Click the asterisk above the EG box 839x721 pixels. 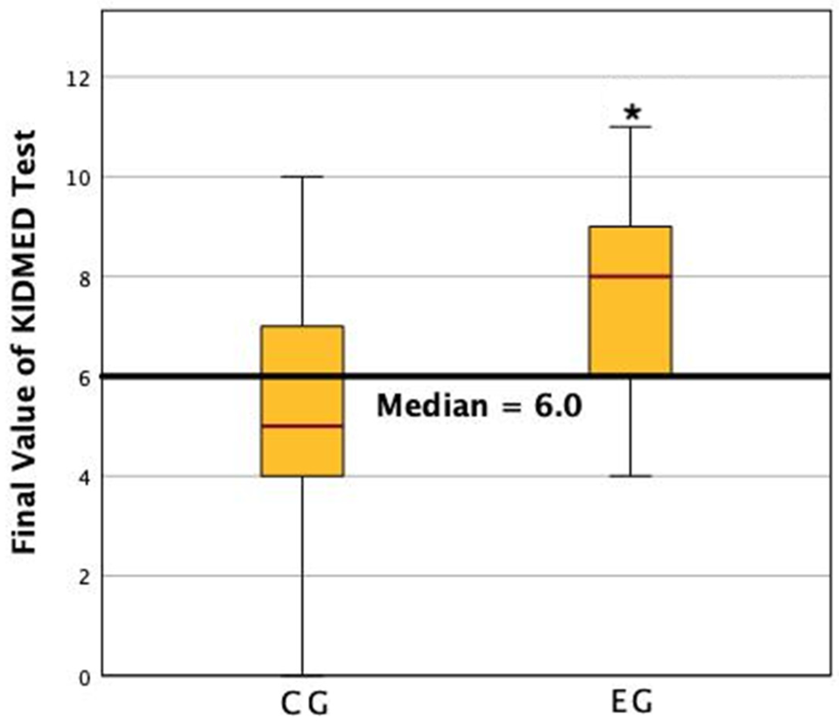click(632, 113)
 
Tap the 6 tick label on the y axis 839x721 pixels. click(84, 379)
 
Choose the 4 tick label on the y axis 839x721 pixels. click(84, 479)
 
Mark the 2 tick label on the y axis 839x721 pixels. click(84, 578)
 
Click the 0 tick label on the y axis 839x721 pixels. click(84, 678)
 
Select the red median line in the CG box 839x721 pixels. click(303, 426)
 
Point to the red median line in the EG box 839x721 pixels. click(630, 276)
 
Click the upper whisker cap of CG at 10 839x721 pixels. click(303, 177)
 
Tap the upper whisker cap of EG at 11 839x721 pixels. click(630, 127)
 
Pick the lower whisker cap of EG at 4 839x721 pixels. click(630, 476)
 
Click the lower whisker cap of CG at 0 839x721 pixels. click(303, 675)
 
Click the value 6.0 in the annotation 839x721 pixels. click(558, 406)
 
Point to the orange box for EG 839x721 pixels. click(630, 324)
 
